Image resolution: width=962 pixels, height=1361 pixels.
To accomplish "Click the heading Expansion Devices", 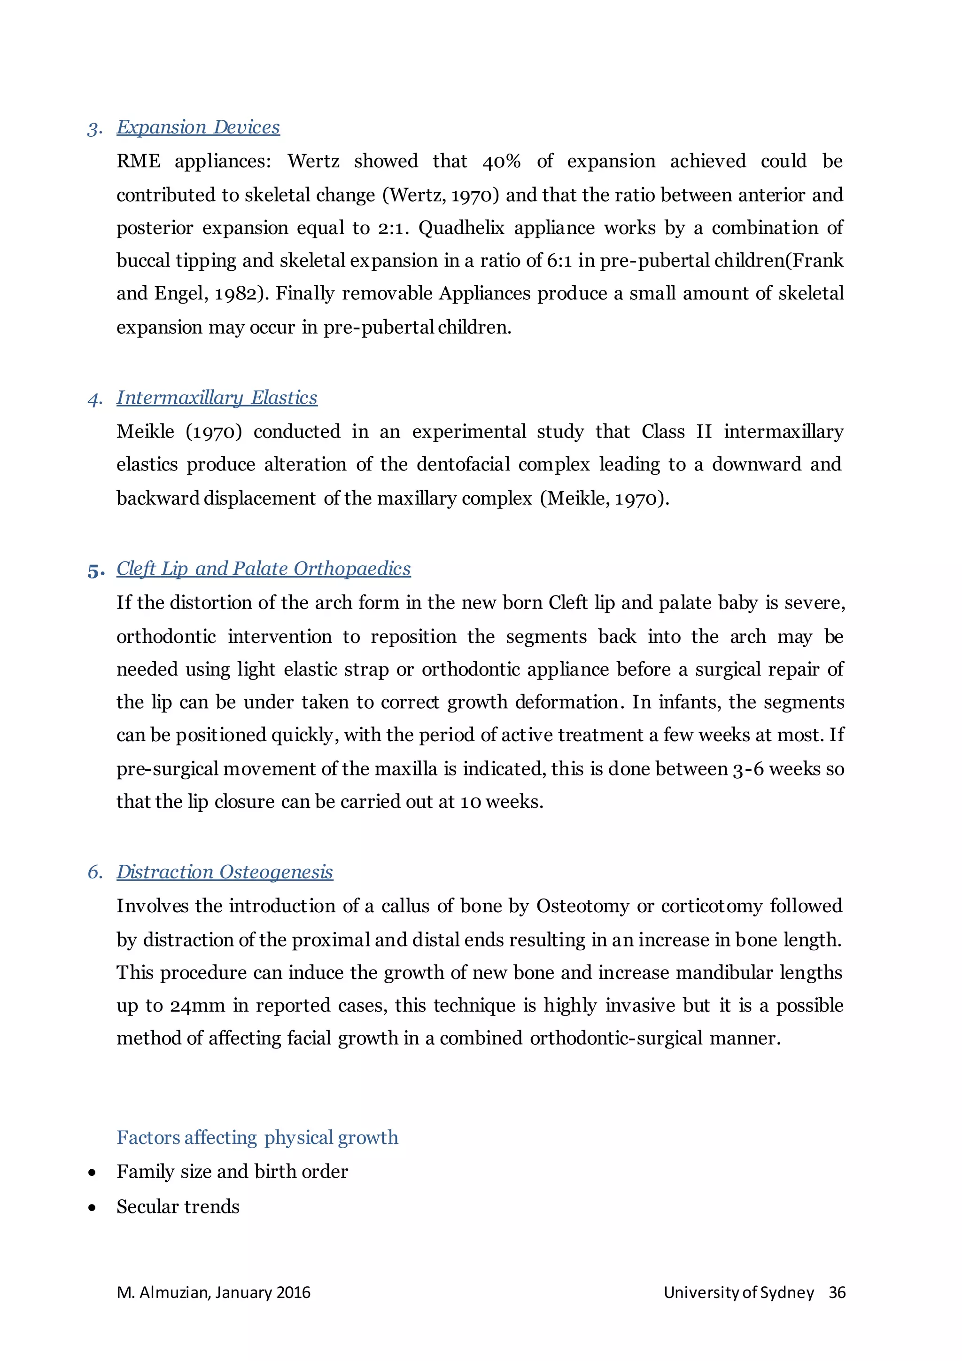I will [198, 127].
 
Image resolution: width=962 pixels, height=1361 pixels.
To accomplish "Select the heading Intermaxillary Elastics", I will [217, 397].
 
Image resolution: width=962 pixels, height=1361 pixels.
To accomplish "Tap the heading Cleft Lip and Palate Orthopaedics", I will [264, 569].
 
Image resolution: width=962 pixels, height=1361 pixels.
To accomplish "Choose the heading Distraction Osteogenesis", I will [225, 872].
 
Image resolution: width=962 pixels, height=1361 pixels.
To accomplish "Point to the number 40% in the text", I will [501, 162].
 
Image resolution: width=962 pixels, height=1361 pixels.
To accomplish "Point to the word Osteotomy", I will [582, 907].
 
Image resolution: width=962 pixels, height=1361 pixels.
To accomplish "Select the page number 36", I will [837, 1293].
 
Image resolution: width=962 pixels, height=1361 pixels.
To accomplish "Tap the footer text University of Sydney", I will [739, 1293].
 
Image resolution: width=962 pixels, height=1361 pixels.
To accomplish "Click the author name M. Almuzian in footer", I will [163, 1293].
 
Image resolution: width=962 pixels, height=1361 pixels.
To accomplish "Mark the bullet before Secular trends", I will [92, 1207].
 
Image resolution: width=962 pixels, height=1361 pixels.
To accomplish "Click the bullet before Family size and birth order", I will [92, 1173].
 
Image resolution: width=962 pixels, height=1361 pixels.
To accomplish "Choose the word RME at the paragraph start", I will [139, 162].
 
